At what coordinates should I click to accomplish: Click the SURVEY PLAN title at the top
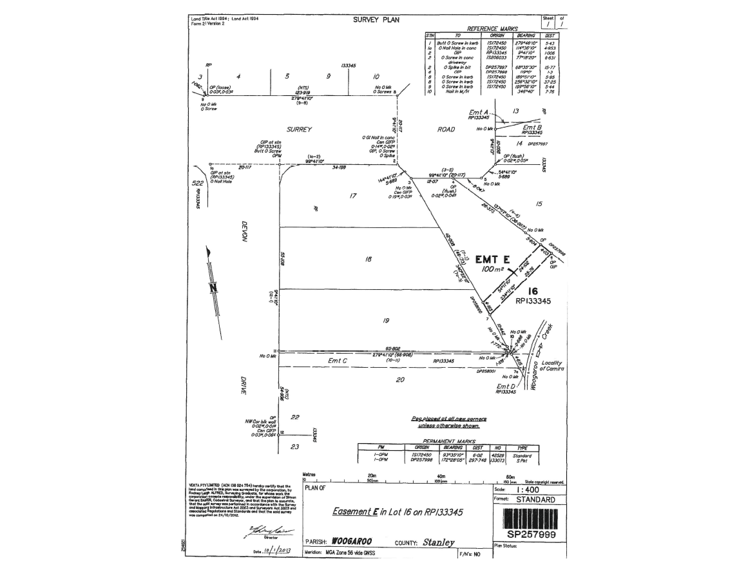[x=376, y=20]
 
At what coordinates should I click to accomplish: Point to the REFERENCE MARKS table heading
[x=492, y=29]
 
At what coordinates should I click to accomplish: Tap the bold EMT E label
[x=493, y=260]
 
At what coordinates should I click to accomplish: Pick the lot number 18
[x=368, y=258]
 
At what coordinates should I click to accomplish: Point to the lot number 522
[x=198, y=184]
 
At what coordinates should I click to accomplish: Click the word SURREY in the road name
[x=297, y=129]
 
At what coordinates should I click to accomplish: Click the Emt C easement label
[x=338, y=361]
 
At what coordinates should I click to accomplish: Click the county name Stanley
[x=438, y=542]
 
